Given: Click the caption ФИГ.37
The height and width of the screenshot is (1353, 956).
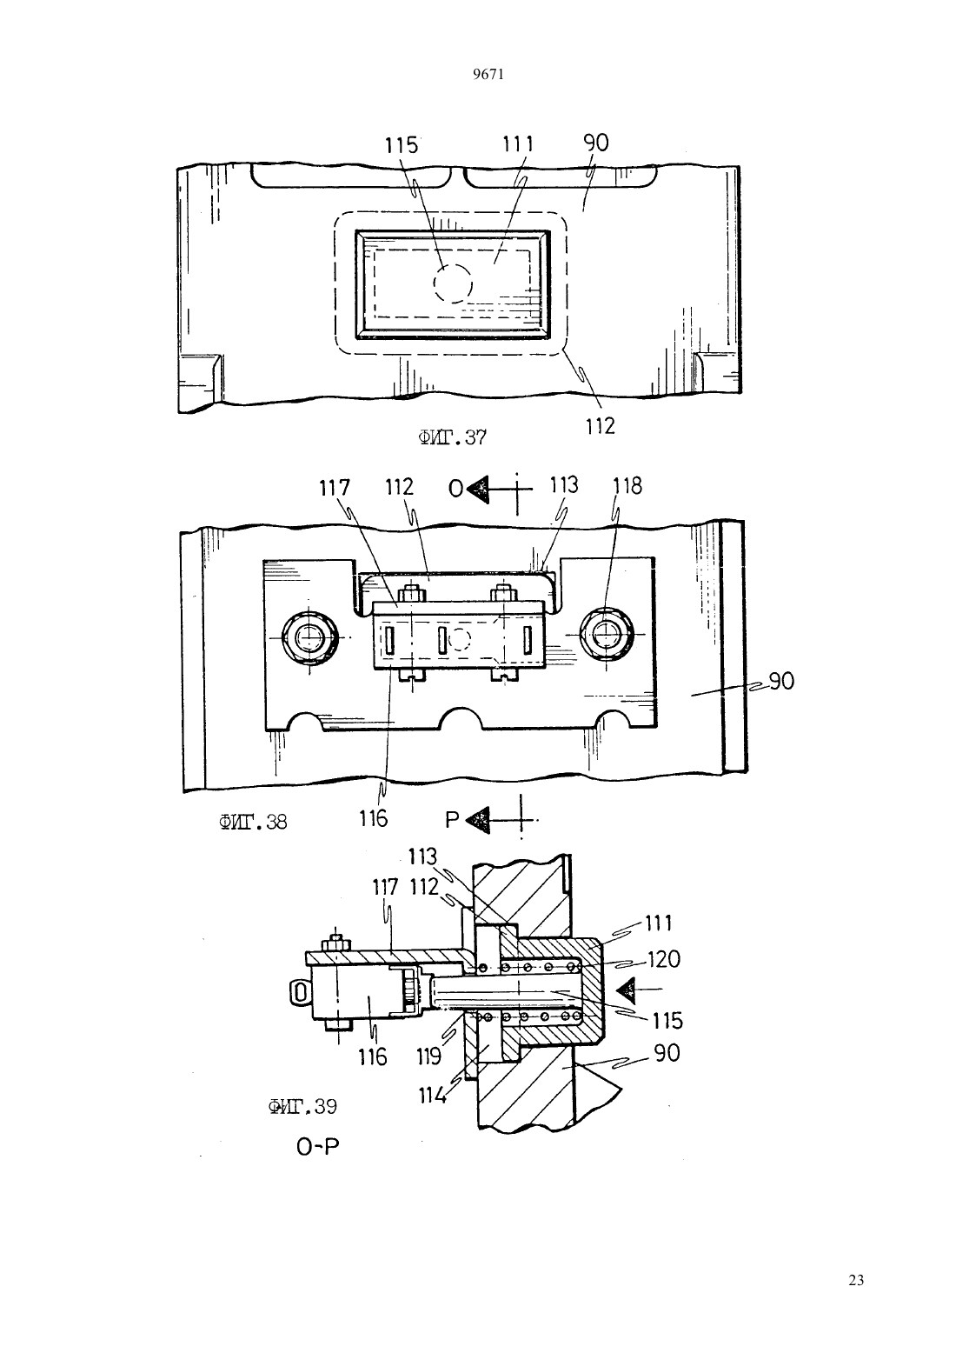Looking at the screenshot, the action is click(x=452, y=437).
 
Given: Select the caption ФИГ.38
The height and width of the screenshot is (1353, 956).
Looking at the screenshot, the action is click(x=253, y=822).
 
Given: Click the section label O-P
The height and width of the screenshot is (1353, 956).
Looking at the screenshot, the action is click(x=317, y=1147).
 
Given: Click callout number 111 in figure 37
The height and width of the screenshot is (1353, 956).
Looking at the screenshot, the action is click(x=518, y=144).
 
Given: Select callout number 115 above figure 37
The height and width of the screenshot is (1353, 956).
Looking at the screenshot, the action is click(x=402, y=145).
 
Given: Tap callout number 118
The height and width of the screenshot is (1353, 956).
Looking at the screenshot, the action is click(x=627, y=485).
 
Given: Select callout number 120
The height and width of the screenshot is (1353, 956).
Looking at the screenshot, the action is click(x=664, y=959).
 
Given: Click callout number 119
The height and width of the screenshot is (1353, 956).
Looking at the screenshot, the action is click(x=428, y=1056).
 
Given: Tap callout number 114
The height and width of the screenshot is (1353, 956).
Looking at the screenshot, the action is click(x=432, y=1095).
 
